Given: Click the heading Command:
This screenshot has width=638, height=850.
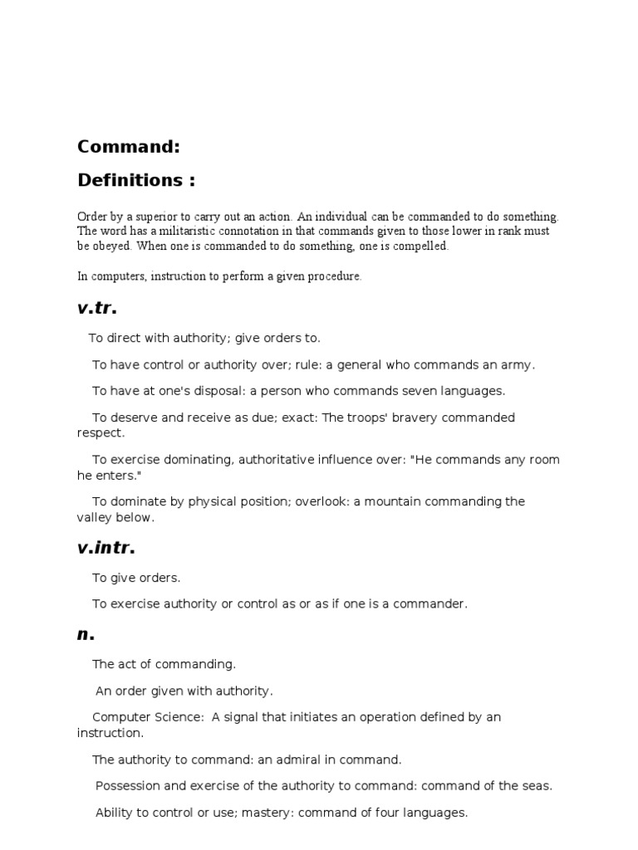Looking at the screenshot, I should tap(129, 147).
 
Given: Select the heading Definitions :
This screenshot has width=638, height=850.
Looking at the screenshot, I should tap(136, 180).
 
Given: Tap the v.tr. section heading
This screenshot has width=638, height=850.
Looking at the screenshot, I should tap(97, 309).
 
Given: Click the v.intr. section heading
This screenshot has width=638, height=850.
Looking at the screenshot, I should tap(106, 548).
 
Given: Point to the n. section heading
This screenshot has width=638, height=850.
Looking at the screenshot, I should tap(86, 635).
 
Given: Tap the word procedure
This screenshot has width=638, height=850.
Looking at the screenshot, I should tap(335, 276).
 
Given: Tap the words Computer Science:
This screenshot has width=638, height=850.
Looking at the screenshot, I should tap(146, 717).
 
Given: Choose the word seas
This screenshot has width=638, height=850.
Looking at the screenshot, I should tap(537, 785).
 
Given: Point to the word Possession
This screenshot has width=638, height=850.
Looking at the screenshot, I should tap(126, 785).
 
